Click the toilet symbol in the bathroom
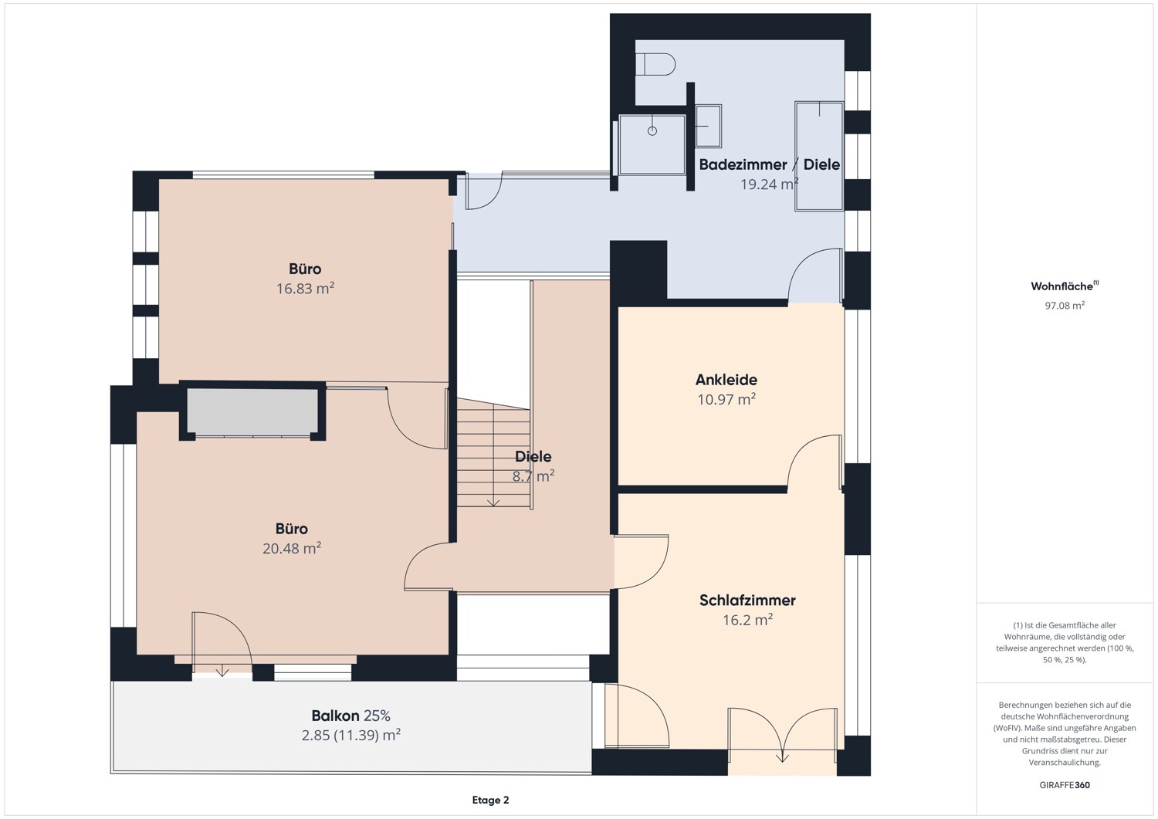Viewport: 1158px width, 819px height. tap(655, 64)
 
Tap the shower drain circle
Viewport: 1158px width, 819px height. tap(652, 131)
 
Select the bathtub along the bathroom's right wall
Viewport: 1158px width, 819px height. tap(819, 155)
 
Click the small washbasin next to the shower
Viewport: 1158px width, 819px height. tap(708, 126)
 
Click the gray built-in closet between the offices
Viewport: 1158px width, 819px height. tap(252, 411)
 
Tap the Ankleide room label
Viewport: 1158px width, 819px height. tap(726, 380)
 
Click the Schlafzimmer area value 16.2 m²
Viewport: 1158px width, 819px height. tap(747, 620)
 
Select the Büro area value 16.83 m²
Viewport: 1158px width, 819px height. tap(305, 289)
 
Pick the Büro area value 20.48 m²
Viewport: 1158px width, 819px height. tap(292, 549)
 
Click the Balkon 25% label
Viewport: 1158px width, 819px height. tap(350, 716)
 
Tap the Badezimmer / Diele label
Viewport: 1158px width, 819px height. tap(769, 164)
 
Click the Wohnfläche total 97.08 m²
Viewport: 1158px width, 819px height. tap(1065, 306)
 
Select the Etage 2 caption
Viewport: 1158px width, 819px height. tap(490, 800)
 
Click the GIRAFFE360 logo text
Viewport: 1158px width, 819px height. tap(1065, 785)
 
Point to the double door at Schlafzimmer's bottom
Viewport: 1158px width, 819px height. tap(782, 733)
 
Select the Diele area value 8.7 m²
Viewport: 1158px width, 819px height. tap(533, 477)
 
